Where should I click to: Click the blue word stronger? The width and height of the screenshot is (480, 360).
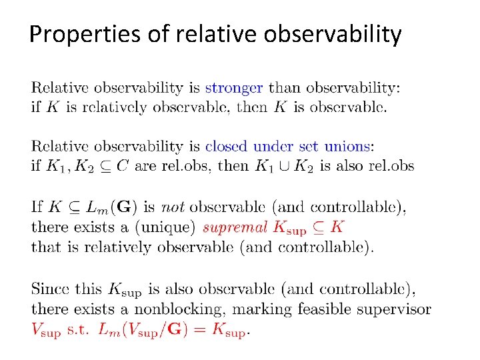point(234,87)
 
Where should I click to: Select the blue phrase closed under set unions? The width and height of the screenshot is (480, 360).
point(287,146)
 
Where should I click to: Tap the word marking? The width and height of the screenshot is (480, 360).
point(265,309)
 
